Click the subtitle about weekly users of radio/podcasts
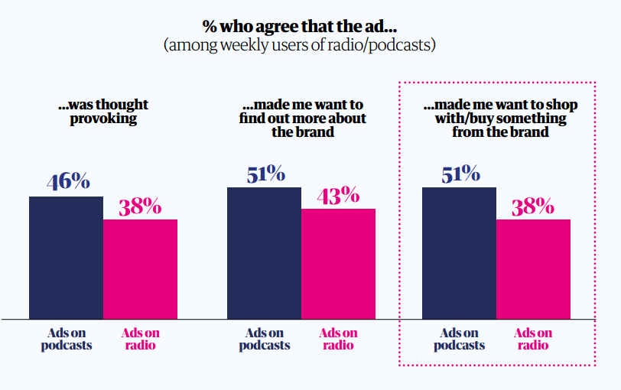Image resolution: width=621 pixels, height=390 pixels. click(299, 45)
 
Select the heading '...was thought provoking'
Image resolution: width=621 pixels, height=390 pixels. click(104, 111)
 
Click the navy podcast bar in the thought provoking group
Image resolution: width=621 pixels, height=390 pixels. click(67, 257)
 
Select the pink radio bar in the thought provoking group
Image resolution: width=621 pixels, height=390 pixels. click(140, 268)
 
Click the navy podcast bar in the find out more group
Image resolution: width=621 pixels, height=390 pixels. click(264, 252)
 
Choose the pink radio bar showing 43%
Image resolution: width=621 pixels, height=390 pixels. click(338, 263)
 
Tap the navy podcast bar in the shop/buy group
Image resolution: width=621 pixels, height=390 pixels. click(459, 252)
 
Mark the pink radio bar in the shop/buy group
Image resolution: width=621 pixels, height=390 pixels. click(533, 268)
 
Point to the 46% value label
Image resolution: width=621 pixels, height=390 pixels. click(68, 182)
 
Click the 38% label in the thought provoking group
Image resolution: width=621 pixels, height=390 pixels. click(139, 206)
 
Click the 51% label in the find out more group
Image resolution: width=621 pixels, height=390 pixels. click(265, 174)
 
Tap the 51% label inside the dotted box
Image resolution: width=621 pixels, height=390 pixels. click(460, 174)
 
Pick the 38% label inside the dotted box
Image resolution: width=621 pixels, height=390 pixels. click(532, 206)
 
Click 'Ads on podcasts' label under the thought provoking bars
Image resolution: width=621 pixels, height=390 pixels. click(67, 339)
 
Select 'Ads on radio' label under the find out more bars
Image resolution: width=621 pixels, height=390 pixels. click(338, 339)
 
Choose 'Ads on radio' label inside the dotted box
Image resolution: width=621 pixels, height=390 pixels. click(533, 339)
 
